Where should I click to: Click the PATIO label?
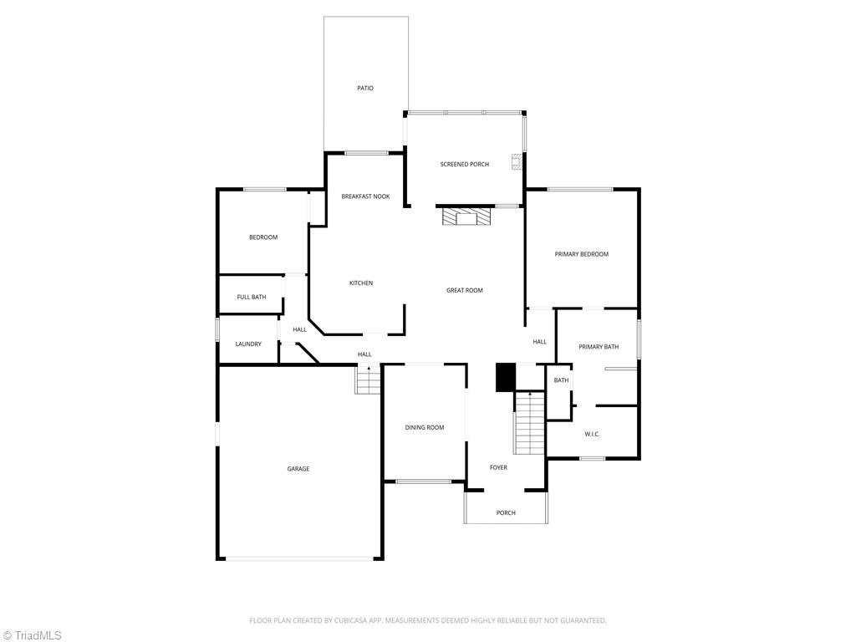[x=365, y=88]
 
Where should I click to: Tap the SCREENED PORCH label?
[x=465, y=165]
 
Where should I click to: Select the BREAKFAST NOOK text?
[x=365, y=196]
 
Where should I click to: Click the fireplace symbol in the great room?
[x=466, y=218]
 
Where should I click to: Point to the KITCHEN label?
[x=361, y=283]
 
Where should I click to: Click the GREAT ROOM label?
[x=465, y=291]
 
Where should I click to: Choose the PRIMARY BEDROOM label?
[x=582, y=254]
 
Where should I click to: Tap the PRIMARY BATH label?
[x=599, y=347]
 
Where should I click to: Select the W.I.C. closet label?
[x=592, y=434]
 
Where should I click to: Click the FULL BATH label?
[x=252, y=298]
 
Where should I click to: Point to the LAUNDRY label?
[x=248, y=344]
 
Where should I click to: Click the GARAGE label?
[x=298, y=469]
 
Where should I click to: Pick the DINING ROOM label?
[x=425, y=428]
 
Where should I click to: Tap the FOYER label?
[x=498, y=468]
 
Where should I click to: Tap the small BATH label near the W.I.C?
[x=561, y=380]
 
